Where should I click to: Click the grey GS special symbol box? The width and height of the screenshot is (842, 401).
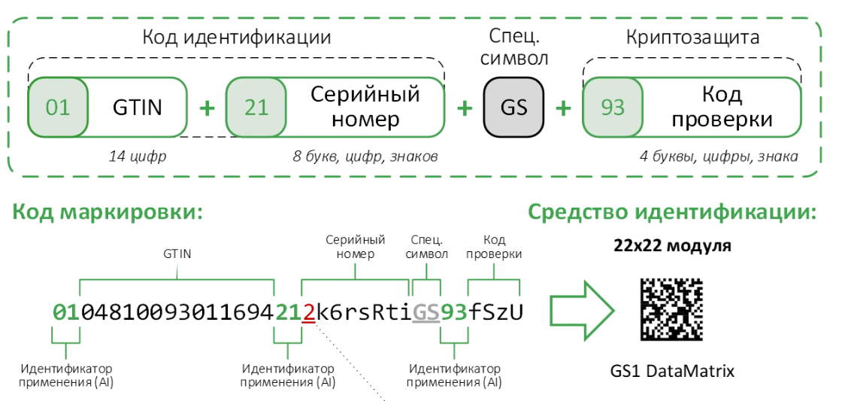513,108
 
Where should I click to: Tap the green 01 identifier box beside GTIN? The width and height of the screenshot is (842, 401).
58,108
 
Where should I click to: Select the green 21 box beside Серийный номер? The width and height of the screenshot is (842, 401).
256,108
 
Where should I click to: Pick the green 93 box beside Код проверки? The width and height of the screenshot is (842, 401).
613,108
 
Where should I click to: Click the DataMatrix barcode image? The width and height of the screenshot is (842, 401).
671,310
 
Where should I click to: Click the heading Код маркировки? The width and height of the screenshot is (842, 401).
108,211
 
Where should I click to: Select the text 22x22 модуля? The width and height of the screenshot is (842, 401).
671,246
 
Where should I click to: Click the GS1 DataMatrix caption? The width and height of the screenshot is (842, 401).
672,371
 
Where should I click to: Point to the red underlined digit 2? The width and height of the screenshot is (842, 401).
308,311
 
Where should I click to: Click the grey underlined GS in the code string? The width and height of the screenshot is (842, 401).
426,311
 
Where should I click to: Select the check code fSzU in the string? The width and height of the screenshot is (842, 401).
495,311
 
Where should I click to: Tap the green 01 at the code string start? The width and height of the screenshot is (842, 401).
66,311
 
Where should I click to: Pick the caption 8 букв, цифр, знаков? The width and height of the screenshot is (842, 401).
365,156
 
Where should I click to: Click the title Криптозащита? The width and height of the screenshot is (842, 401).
692,37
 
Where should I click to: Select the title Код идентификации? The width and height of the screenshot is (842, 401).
236,37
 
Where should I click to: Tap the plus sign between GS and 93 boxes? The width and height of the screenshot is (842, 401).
562,108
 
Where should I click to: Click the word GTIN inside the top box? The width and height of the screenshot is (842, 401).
137,108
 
